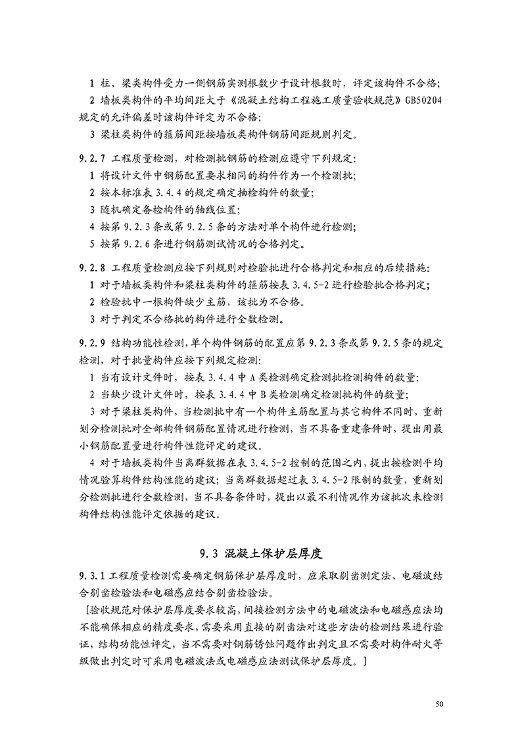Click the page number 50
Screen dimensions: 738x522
tap(440, 704)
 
